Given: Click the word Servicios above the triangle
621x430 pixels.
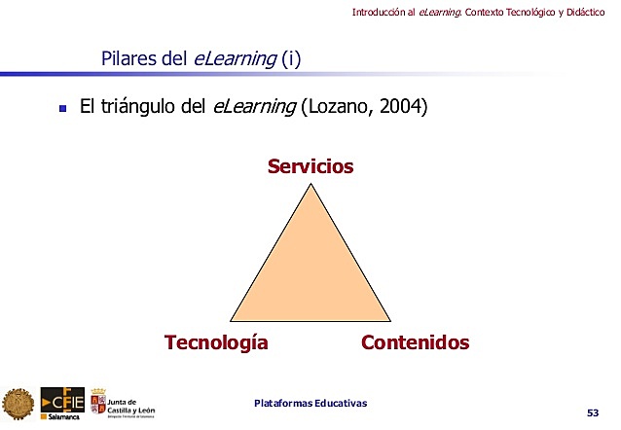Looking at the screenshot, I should (x=310, y=167).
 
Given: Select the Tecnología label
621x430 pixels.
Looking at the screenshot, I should (x=216, y=342).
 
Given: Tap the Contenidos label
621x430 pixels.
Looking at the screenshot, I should (x=415, y=342).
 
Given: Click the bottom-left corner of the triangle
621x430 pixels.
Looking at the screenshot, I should (x=232, y=319).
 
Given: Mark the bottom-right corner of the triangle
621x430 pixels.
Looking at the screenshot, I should (x=390, y=319).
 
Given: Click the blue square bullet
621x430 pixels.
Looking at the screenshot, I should (x=62, y=110).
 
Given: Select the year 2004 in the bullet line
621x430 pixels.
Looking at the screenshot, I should (x=402, y=108).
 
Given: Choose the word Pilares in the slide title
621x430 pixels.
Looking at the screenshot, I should (x=129, y=59).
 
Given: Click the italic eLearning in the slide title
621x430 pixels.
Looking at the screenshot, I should (x=235, y=59).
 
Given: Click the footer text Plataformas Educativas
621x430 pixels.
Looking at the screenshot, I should (x=310, y=404).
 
